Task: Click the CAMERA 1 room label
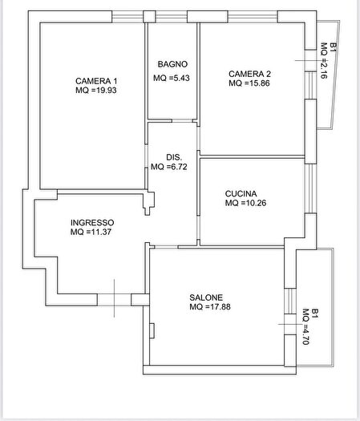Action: tap(96, 81)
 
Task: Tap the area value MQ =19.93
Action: tap(96, 90)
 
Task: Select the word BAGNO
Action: tap(172, 64)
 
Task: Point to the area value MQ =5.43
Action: tap(172, 78)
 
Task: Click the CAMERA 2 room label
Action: tap(249, 74)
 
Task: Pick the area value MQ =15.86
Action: tap(249, 83)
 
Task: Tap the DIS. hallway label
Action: tap(174, 157)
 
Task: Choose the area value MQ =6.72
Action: tap(169, 167)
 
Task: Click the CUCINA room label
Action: tap(241, 193)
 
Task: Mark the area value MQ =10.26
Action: tap(245, 203)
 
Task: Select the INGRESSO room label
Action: tap(92, 223)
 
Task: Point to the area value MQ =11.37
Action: tap(91, 232)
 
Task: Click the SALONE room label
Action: tap(206, 298)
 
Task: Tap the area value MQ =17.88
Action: tap(210, 306)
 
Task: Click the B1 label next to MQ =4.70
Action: tap(315, 314)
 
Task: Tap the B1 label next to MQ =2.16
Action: tap(334, 47)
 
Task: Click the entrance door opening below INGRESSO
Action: tap(114, 300)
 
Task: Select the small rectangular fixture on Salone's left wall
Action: tap(152, 330)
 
